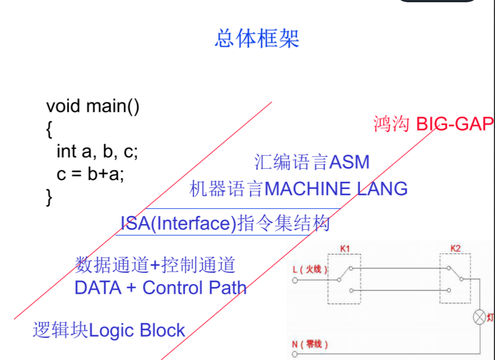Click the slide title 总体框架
pos(257,38)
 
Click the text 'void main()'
pos(92,106)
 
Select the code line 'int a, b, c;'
pos(97,151)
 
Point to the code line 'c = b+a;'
pos(90,174)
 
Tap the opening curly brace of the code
pos(49,129)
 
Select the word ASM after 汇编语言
pos(349,162)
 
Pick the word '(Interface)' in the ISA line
pos(193,224)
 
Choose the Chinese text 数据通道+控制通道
pos(155,264)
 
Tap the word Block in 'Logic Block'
pos(163,331)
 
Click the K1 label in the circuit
pos(345,248)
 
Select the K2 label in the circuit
pos(455,248)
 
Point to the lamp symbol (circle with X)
pos(480,318)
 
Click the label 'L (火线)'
pos(310,269)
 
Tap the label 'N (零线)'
pos(309,344)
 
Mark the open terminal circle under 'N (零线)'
pos(295,354)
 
